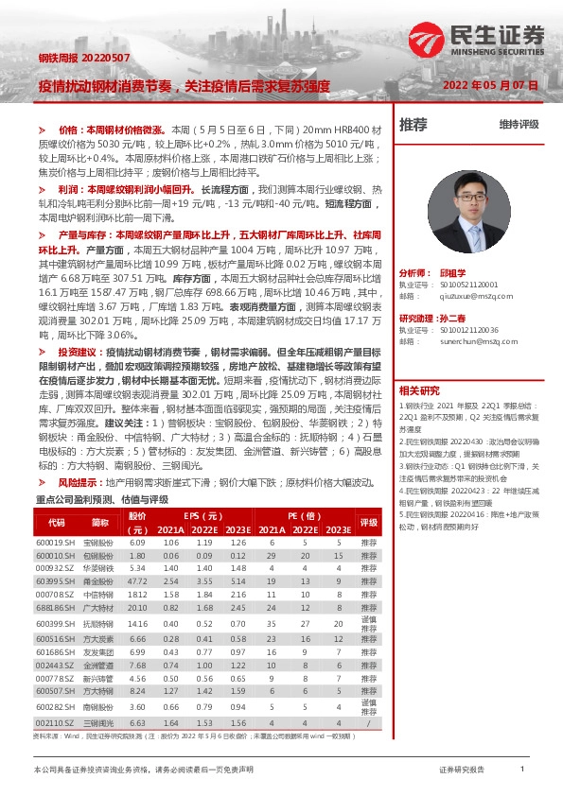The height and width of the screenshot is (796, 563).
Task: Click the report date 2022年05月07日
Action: (490, 85)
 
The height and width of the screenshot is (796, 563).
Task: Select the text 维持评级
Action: (519, 125)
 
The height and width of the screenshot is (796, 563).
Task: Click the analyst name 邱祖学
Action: (454, 270)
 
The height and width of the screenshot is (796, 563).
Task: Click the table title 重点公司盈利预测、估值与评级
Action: (101, 498)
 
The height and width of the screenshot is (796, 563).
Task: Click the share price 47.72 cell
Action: (138, 580)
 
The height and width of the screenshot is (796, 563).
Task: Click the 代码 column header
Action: (56, 521)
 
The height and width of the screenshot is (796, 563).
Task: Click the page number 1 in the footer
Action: (522, 770)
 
